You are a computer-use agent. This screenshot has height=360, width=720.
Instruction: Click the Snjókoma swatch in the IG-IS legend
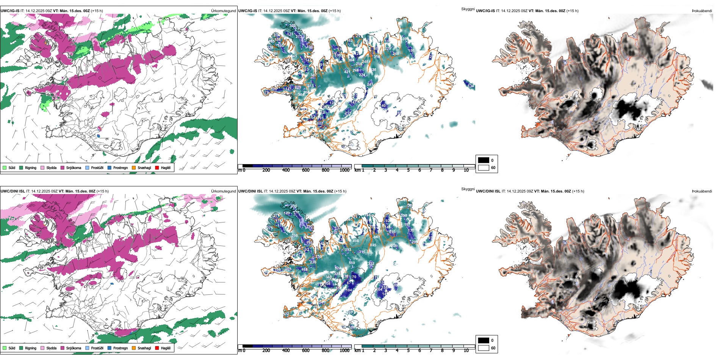pyautogui.click(x=63, y=167)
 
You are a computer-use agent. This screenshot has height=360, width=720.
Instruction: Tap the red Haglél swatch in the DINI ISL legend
pyautogui.click(x=157, y=348)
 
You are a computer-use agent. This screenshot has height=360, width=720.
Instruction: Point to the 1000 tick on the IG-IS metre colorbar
pyautogui.click(x=344, y=170)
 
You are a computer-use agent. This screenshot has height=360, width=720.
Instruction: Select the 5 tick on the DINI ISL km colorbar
pyautogui.click(x=408, y=351)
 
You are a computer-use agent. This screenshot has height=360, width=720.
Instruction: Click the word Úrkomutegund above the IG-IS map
pyautogui.click(x=223, y=11)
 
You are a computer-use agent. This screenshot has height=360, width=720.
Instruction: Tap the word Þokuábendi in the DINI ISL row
pyautogui.click(x=702, y=191)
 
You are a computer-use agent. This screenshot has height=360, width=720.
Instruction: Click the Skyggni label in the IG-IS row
pyautogui.click(x=468, y=9)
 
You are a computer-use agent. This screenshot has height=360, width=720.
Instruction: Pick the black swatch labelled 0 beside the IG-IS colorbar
pyautogui.click(x=484, y=160)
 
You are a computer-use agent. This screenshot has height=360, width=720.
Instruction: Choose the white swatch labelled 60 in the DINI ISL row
pyautogui.click(x=484, y=348)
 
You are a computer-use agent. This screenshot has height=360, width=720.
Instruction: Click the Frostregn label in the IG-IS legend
pyautogui.click(x=120, y=168)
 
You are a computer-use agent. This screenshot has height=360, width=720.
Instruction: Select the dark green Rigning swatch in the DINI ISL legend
pyautogui.click(x=21, y=348)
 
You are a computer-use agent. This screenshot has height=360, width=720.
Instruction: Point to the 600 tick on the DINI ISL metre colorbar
pyautogui.click(x=305, y=351)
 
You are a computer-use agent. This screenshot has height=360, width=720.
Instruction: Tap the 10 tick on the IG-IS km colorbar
pyautogui.click(x=466, y=170)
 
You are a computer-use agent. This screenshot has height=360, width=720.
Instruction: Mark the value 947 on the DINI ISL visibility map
pyautogui.click(x=376, y=237)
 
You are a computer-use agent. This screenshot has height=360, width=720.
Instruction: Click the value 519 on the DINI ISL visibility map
pyautogui.click(x=352, y=263)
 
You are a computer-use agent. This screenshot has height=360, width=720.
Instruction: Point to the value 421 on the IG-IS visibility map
pyautogui.click(x=347, y=72)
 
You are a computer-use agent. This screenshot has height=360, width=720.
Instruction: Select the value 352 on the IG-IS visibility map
pyautogui.click(x=292, y=26)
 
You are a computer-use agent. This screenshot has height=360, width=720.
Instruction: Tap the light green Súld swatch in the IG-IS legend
pyautogui.click(x=5, y=167)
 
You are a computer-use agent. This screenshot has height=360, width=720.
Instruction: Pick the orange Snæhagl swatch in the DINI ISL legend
pyautogui.click(x=134, y=348)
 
